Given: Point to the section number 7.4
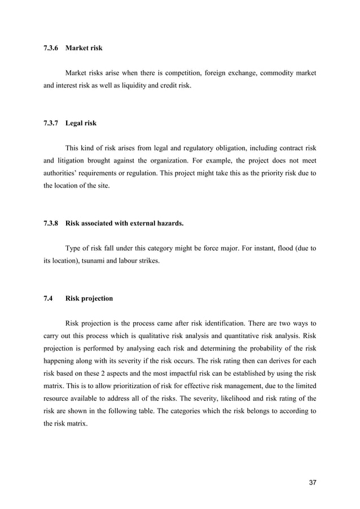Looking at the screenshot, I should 49,299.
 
